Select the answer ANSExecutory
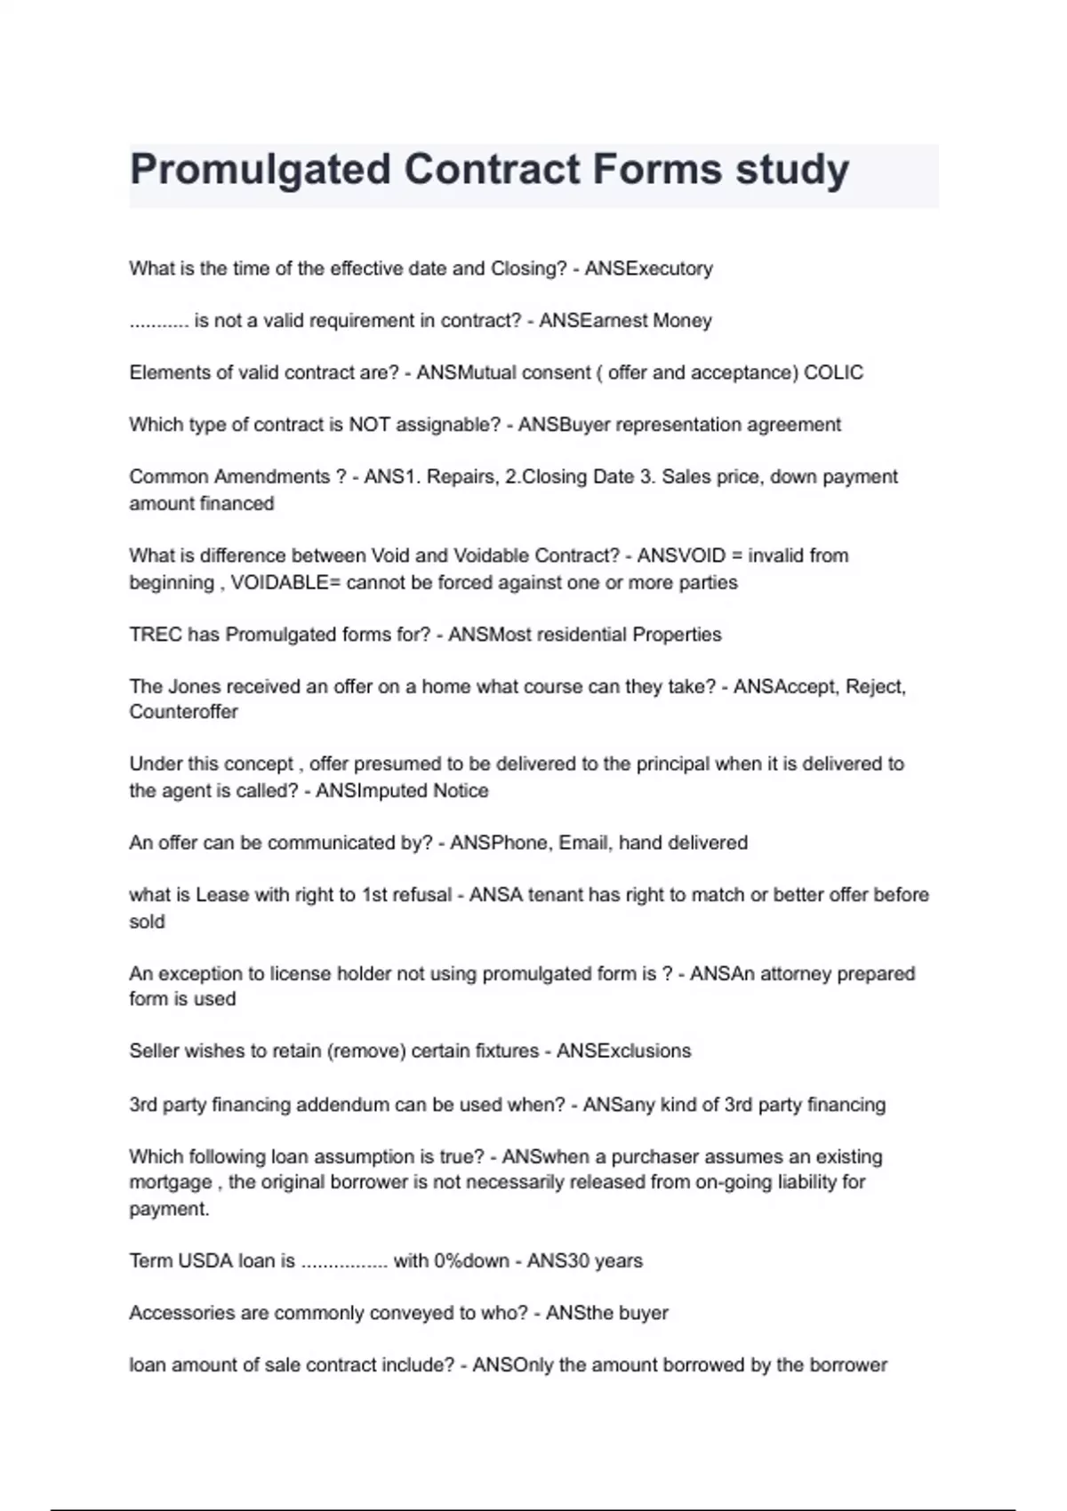point(649,268)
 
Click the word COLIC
point(833,372)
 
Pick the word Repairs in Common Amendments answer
point(461,477)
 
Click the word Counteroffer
point(183,712)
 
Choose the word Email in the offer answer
point(583,843)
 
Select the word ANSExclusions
point(623,1051)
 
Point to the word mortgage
point(171,1183)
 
